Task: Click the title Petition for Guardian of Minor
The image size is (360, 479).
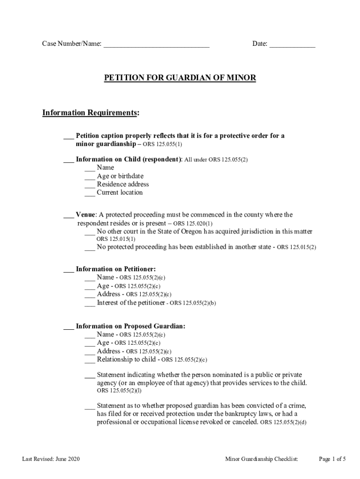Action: click(180, 78)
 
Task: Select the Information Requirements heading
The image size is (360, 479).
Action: click(91, 113)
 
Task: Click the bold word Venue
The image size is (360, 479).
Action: click(86, 215)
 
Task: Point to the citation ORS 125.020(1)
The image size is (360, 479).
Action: click(193, 224)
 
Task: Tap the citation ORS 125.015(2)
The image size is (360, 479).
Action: click(296, 247)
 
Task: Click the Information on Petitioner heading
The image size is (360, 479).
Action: click(115, 269)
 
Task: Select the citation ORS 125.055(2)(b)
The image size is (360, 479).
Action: click(193, 303)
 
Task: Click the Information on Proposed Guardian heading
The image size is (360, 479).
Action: click(130, 326)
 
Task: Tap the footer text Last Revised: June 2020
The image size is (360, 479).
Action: click(51, 459)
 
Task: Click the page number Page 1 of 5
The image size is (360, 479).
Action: click(332, 459)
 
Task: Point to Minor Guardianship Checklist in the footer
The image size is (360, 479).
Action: click(261, 459)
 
